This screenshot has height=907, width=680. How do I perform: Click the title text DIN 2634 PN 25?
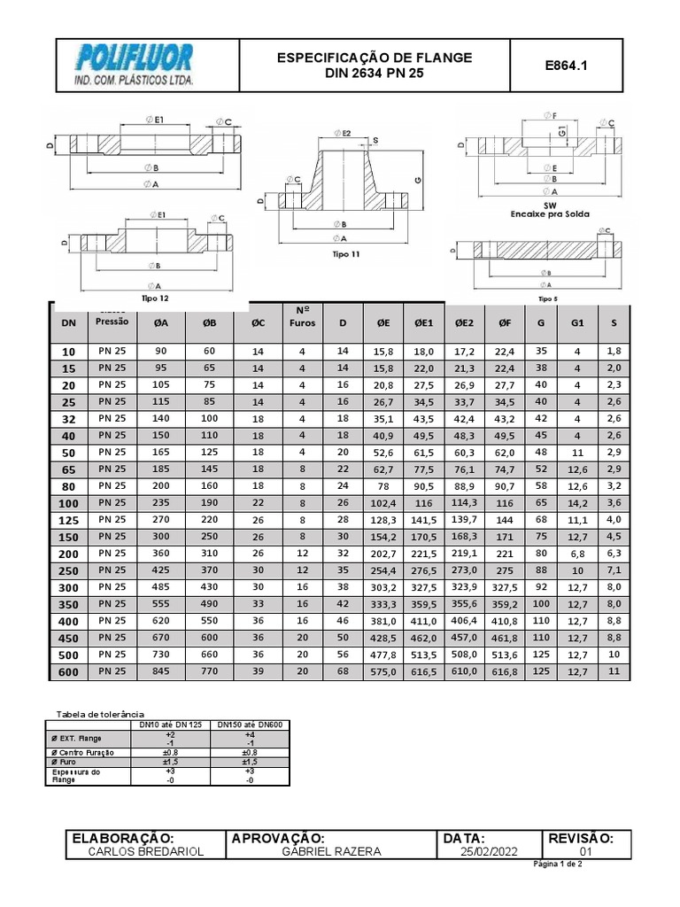375,74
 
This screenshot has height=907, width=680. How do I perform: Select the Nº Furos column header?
302,317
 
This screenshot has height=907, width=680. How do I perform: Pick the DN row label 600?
69,672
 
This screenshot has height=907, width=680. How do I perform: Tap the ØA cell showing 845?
160,672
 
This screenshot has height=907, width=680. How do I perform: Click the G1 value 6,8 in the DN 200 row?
577,554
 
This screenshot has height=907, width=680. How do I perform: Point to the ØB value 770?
209,672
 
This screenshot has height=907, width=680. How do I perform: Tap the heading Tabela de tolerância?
99,714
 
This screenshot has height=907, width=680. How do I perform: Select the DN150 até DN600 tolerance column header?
249,725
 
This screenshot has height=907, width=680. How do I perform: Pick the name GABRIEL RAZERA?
331,851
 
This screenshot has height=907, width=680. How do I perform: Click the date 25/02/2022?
487,851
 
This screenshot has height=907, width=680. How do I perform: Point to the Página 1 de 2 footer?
557,864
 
